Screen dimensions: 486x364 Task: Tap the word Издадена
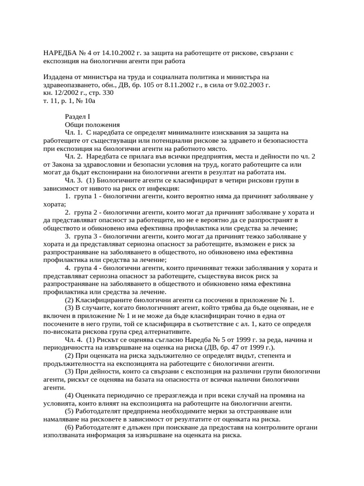tap(59, 77)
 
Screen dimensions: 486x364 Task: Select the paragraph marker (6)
tap(69, 428)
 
